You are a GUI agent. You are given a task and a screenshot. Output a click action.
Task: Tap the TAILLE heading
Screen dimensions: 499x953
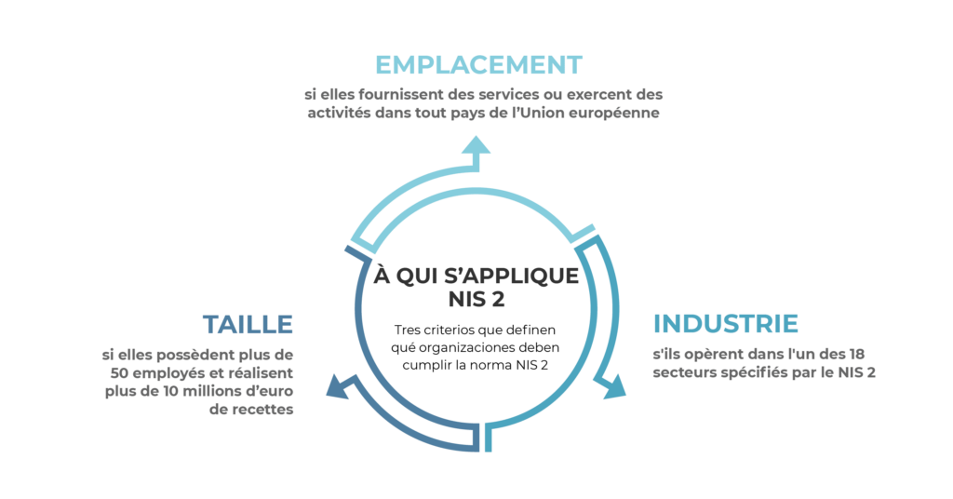[x=248, y=324]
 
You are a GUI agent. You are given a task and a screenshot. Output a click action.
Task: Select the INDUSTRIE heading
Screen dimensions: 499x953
[x=725, y=324]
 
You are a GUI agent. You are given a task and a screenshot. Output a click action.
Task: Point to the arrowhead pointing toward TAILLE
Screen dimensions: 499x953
[x=341, y=391]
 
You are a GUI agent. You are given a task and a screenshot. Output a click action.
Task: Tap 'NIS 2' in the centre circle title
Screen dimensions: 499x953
[x=476, y=300]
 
